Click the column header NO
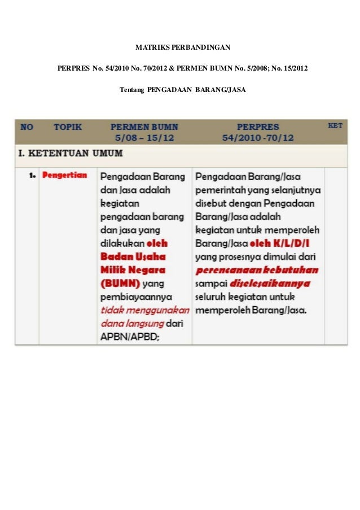click(27, 127)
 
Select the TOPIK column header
click(68, 127)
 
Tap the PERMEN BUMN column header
click(144, 127)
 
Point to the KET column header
click(335, 125)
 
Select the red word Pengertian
click(65, 175)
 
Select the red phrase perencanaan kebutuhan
click(257, 270)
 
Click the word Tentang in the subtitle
click(131, 90)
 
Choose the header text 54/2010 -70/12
click(258, 138)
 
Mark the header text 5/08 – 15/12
click(144, 138)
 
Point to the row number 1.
click(32, 176)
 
